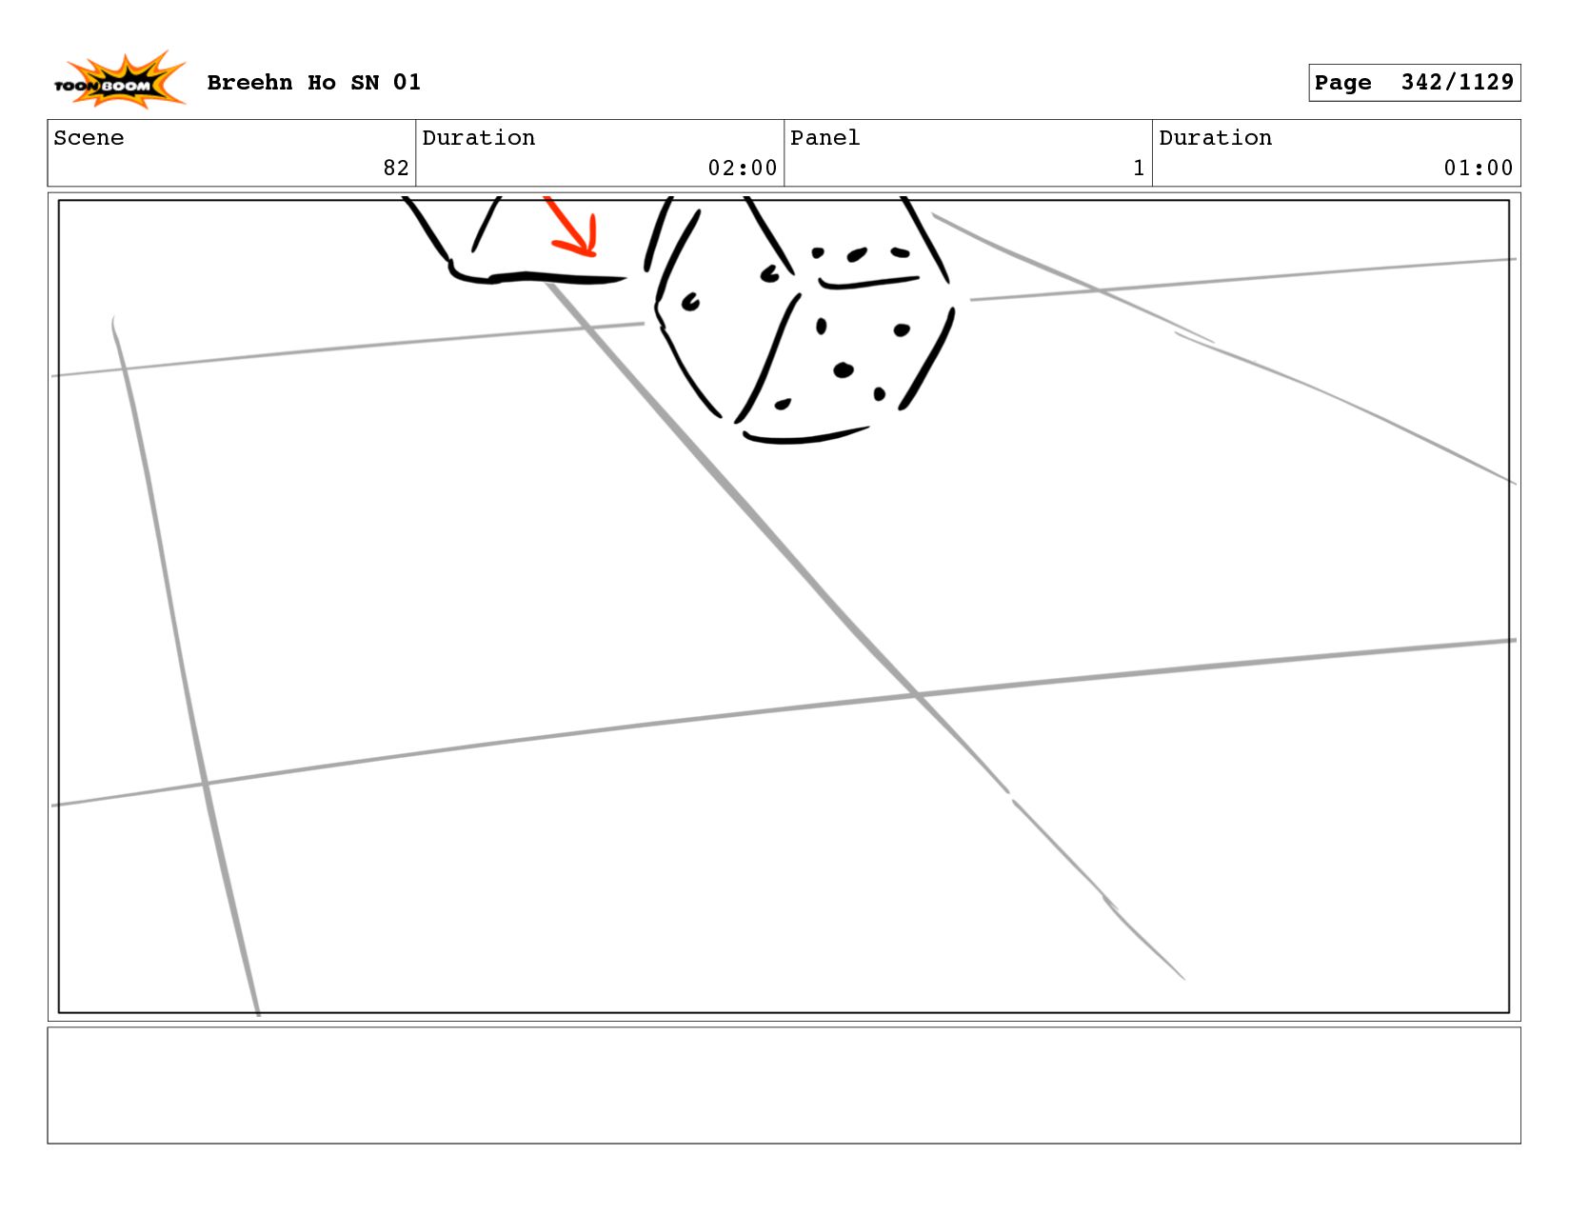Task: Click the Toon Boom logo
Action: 119,80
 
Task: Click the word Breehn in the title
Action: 249,82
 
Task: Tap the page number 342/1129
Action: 1457,82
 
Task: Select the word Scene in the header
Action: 89,137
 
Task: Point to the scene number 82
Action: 396,168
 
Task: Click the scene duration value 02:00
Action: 742,168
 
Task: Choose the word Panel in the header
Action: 824,137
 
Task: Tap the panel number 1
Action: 1139,168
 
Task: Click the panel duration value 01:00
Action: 1478,168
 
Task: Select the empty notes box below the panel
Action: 784,1085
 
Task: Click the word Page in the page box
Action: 1342,83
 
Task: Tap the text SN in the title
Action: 365,82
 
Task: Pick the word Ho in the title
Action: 321,82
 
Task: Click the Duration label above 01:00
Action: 1215,137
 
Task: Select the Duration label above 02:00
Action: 478,137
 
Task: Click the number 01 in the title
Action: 407,82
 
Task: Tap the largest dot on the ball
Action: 843,370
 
